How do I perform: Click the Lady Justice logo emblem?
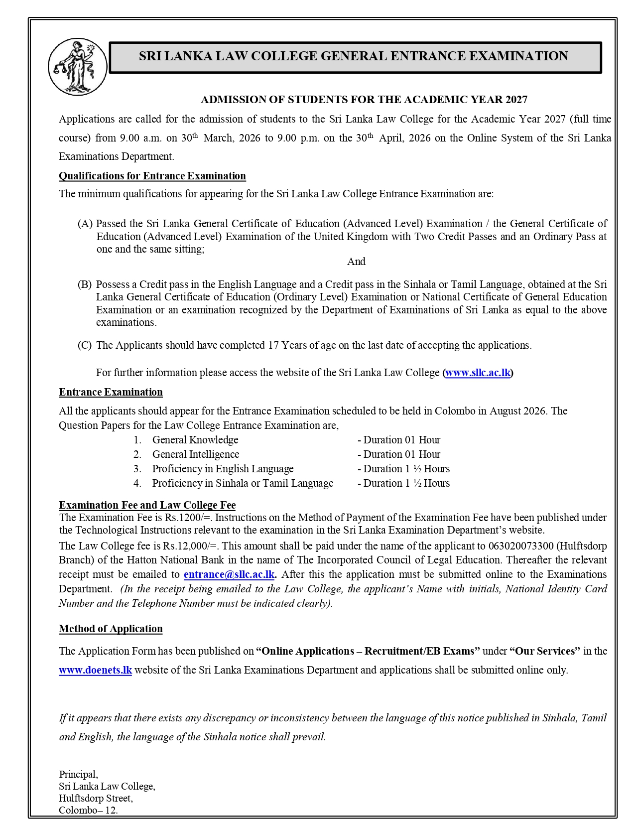[x=78, y=67]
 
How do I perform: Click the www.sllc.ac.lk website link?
[x=478, y=373]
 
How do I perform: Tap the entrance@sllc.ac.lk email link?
[x=229, y=574]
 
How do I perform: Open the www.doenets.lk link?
[x=95, y=670]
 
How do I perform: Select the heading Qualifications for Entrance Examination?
[x=152, y=176]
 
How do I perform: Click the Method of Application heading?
[x=111, y=629]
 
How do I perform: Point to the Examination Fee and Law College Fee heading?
[x=147, y=505]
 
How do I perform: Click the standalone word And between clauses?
[x=356, y=262]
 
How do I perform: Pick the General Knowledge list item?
[x=195, y=440]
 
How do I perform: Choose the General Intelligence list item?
[x=196, y=454]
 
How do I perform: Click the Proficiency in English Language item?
[x=223, y=469]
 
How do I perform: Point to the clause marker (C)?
[x=85, y=345]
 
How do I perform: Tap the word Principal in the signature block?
[x=78, y=774]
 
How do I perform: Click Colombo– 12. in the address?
[x=88, y=810]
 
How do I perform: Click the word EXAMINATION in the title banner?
[x=518, y=56]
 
